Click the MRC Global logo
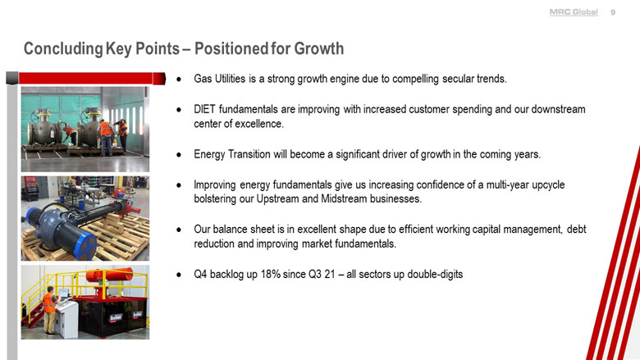coord(573,12)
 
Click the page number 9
coord(613,12)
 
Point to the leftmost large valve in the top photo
coord(48,130)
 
